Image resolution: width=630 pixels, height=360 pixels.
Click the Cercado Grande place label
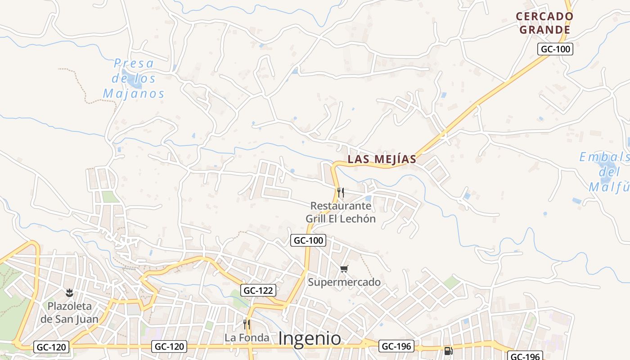tap(544, 23)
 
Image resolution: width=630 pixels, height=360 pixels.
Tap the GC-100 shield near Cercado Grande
tap(555, 49)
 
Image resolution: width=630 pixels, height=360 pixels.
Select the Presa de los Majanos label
tap(134, 78)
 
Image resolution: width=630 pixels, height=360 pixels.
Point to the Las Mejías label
tap(382, 159)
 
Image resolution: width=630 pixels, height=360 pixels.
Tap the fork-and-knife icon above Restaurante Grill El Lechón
tap(341, 193)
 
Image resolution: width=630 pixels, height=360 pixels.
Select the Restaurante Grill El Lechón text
tap(341, 212)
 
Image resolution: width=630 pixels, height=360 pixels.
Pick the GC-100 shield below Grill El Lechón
tap(308, 240)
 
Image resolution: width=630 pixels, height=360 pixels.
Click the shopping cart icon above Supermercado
tap(344, 269)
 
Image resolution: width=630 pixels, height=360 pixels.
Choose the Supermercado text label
tap(344, 282)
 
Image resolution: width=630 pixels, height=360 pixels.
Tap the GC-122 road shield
tap(258, 291)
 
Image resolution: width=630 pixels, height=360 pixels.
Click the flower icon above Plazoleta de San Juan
tap(69, 293)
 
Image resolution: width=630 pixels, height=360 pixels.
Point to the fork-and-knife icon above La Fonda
tap(246, 324)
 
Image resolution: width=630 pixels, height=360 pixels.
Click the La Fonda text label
tap(247, 337)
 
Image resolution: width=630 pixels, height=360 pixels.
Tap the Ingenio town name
tap(310, 338)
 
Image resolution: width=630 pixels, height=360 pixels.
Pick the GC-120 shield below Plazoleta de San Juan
tap(52, 347)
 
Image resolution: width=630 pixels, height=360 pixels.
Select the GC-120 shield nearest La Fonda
tap(170, 346)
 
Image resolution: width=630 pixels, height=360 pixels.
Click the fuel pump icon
tap(448, 351)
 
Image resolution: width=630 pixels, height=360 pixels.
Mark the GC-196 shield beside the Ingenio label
tap(396, 346)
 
